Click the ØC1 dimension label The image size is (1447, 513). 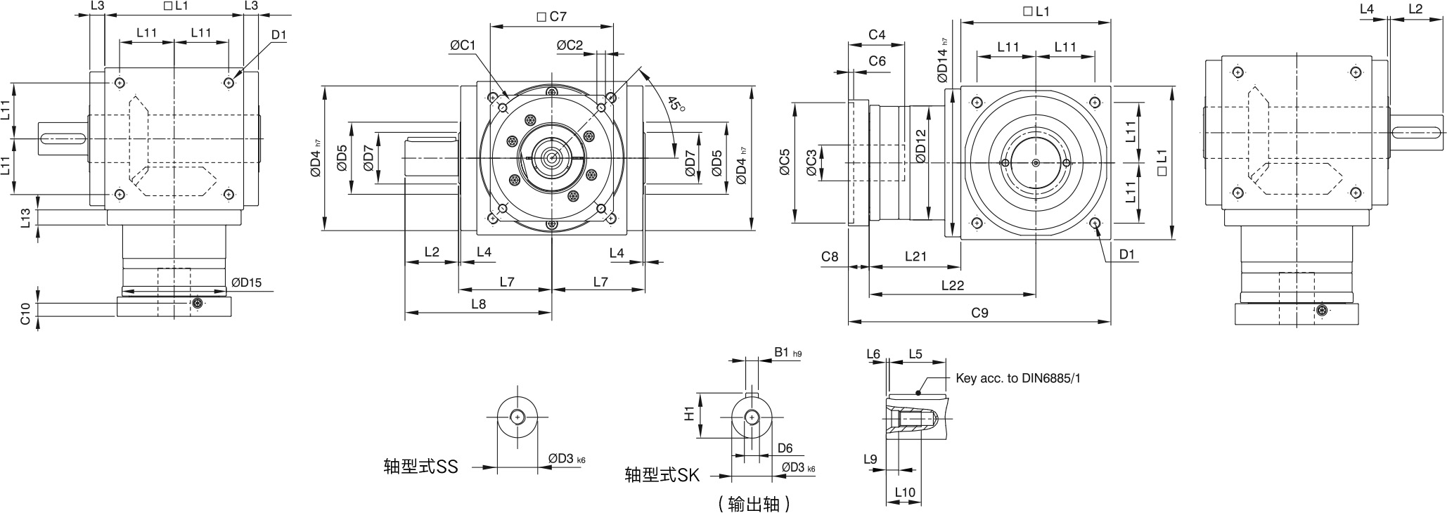click(463, 46)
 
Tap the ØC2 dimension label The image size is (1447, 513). click(570, 46)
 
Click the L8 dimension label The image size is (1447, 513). click(478, 304)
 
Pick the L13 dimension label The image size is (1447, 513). click(25, 218)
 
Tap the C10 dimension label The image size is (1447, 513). click(25, 313)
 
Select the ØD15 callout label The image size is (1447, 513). click(246, 283)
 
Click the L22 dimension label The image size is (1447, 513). click(952, 285)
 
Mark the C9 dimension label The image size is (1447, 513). click(979, 313)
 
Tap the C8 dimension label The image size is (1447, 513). click(830, 256)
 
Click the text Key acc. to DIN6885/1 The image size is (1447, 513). click(1018, 378)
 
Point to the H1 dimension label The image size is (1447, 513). click(690, 413)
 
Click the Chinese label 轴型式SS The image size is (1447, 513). click(420, 467)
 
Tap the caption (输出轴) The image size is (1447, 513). click(754, 503)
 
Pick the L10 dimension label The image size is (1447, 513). click(905, 492)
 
